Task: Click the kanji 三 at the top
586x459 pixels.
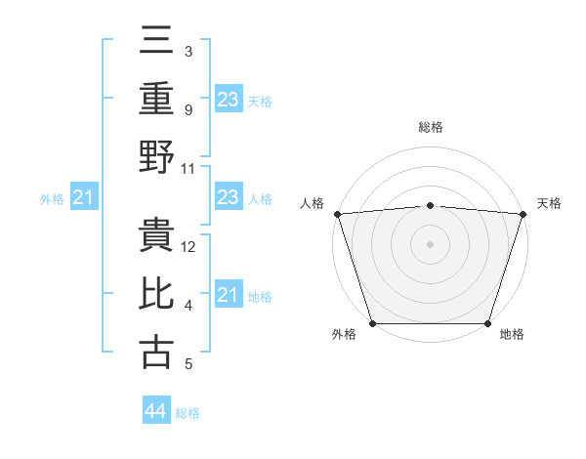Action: [x=156, y=40]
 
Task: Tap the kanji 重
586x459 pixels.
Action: [x=156, y=98]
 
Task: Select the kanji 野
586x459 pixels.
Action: [x=156, y=156]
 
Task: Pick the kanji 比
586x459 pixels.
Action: [x=156, y=294]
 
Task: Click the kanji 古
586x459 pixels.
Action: [x=156, y=352]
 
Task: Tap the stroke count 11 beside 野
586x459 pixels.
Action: [x=188, y=168]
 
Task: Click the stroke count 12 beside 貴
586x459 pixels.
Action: [x=189, y=247]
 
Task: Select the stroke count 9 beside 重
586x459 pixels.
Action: [x=188, y=109]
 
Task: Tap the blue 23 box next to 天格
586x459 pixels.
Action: [x=229, y=99]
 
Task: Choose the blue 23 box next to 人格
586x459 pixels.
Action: [x=229, y=197]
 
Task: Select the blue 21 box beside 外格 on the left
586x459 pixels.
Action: [x=84, y=198]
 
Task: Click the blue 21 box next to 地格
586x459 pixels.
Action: [x=229, y=295]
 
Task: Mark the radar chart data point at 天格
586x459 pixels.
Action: [x=523, y=213]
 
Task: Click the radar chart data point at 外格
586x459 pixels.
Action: [x=372, y=323]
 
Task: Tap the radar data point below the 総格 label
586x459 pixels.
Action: [x=430, y=205]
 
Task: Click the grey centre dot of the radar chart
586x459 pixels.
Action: [x=430, y=243]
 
